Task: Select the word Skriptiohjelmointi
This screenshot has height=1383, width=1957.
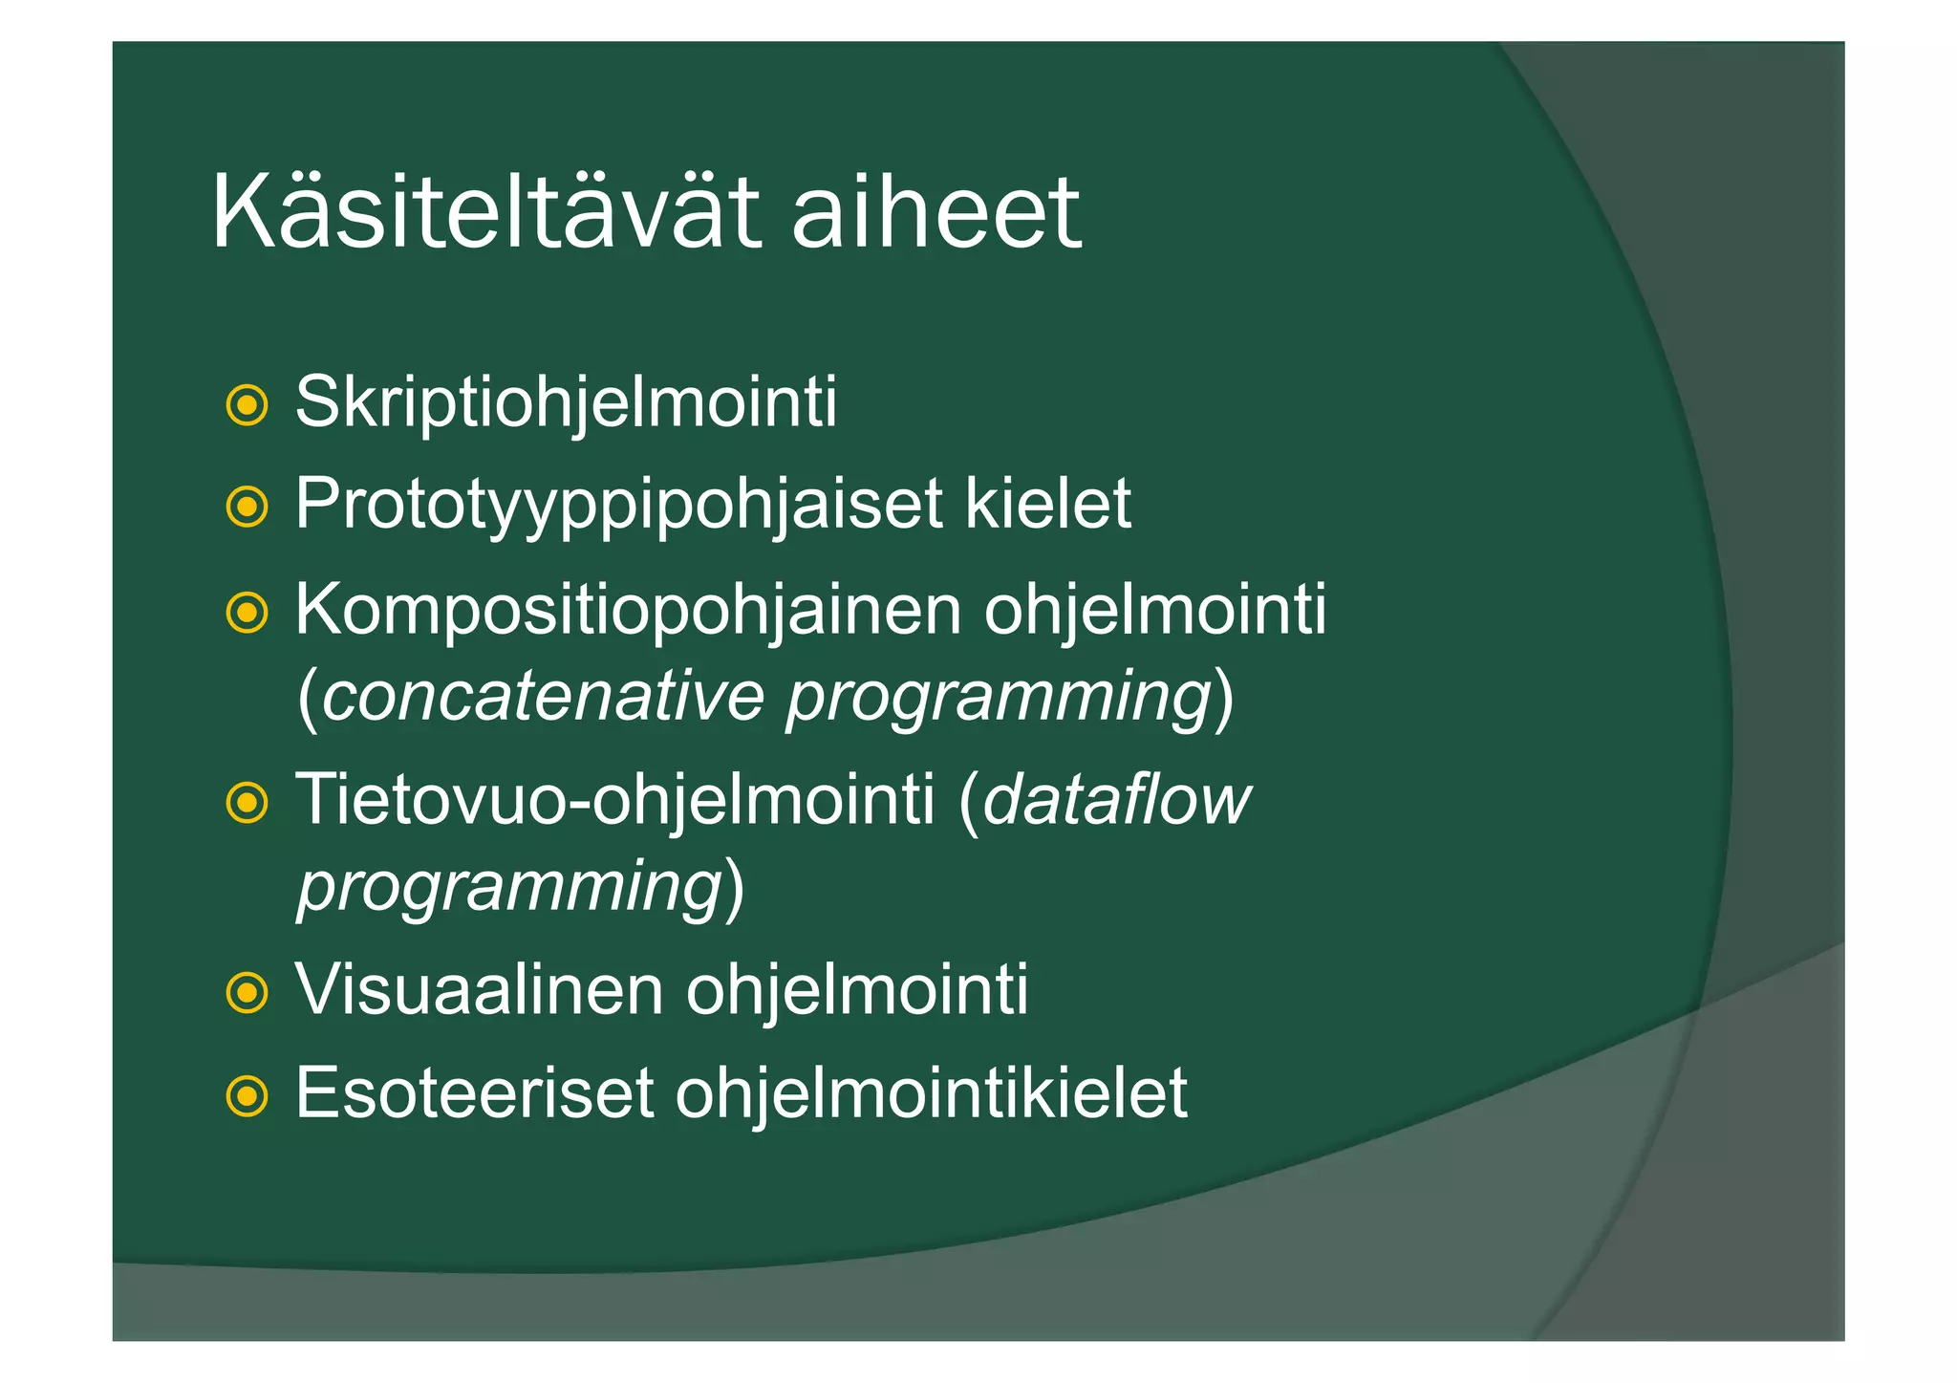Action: click(566, 402)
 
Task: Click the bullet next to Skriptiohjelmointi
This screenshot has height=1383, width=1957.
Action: click(247, 405)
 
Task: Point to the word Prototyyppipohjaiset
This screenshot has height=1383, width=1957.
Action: click(618, 505)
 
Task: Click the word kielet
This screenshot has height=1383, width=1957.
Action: click(1048, 503)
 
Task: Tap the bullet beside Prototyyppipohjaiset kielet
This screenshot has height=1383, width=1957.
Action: click(247, 507)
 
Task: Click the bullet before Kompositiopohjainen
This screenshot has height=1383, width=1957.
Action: click(247, 613)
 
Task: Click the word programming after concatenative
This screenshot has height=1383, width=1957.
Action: click(999, 698)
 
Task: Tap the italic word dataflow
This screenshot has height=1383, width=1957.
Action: click(1115, 799)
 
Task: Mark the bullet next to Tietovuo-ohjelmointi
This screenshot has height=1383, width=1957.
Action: click(247, 803)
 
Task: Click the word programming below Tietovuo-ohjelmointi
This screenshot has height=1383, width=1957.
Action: click(509, 887)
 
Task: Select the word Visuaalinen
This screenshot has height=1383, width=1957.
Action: click(479, 989)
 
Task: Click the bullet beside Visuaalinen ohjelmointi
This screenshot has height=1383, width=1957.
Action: click(247, 993)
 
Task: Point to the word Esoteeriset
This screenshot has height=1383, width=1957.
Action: click(474, 1092)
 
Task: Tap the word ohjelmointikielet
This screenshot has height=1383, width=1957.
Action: click(931, 1094)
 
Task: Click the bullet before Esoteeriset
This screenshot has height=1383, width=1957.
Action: click(247, 1096)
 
